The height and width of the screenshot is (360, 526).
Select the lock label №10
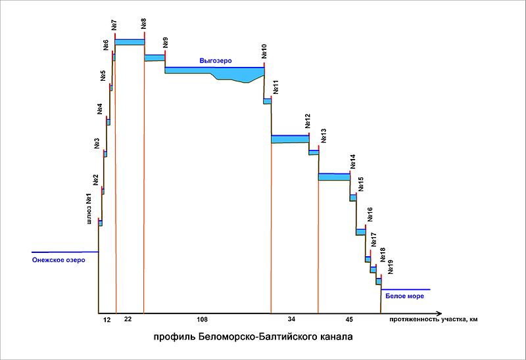[x=264, y=52]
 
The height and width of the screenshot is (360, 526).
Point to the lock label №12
[x=308, y=122]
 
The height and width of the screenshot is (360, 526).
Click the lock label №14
[x=352, y=162]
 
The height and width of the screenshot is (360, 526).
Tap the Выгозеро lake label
[x=216, y=60]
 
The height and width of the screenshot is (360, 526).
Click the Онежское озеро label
[x=59, y=259]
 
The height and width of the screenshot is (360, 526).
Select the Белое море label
[x=404, y=296]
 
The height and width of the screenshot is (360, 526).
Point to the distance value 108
[x=203, y=319]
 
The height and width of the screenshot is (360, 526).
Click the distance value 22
[x=128, y=319]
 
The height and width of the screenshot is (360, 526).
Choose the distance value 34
[x=292, y=319]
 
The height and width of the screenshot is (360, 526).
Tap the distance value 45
[x=349, y=319]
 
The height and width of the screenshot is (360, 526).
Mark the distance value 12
[x=107, y=319]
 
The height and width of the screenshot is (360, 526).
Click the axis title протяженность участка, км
[x=433, y=319]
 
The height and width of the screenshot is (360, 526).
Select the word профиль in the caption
[x=172, y=338]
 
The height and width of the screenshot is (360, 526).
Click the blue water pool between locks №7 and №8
[x=130, y=42]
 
